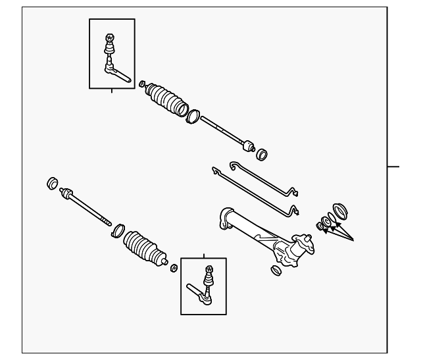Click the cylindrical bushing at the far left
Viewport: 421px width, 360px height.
click(52, 182)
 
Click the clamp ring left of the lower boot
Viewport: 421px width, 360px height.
click(118, 230)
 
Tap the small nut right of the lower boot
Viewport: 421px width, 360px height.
click(174, 268)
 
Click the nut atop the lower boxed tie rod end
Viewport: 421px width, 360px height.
click(210, 269)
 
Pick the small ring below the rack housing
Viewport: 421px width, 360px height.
click(276, 270)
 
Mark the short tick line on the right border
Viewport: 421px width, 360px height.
click(392, 167)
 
